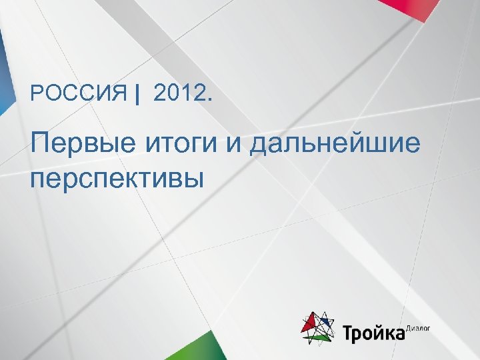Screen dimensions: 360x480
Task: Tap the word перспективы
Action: click(116, 178)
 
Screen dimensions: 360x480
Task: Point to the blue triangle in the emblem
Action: click(327, 323)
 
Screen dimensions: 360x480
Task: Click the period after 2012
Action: click(211, 101)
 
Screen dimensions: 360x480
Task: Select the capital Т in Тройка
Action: click(349, 332)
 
